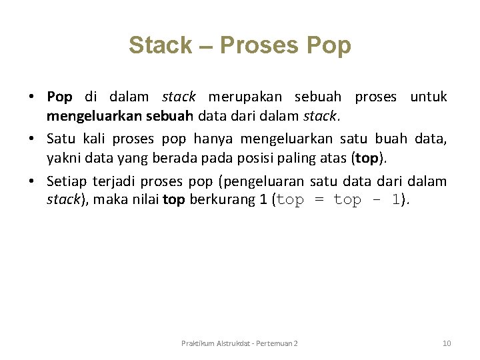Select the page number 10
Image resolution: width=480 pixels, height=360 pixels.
[x=447, y=343]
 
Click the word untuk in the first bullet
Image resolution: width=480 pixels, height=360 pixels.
[x=428, y=97]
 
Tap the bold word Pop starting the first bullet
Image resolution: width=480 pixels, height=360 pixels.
[x=59, y=97]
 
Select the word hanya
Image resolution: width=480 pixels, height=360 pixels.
[x=213, y=139]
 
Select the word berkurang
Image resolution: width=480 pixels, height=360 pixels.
[x=223, y=199]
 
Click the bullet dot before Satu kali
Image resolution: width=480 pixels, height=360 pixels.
[x=32, y=139]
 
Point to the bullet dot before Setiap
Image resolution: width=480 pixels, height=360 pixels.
[x=32, y=182]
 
